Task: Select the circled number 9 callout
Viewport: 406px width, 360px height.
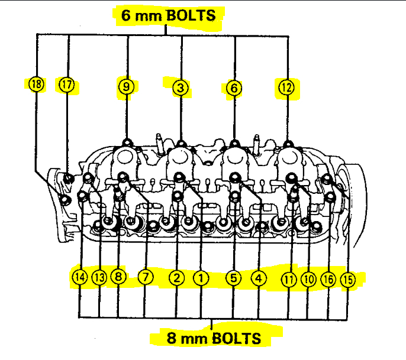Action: click(126, 87)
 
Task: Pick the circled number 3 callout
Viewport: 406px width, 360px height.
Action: click(181, 88)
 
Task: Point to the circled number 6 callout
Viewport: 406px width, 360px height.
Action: click(234, 88)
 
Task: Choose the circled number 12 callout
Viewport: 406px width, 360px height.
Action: click(286, 87)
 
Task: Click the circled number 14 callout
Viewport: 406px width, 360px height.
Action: click(79, 277)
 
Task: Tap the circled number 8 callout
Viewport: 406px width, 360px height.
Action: click(118, 277)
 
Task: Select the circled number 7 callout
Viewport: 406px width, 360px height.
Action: click(145, 277)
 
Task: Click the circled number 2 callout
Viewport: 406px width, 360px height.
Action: click(176, 277)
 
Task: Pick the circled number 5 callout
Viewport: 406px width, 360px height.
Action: click(233, 277)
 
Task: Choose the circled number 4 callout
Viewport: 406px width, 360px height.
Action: click(259, 277)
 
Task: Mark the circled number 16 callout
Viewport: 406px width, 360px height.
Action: click(328, 278)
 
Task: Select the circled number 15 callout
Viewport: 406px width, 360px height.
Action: click(347, 280)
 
